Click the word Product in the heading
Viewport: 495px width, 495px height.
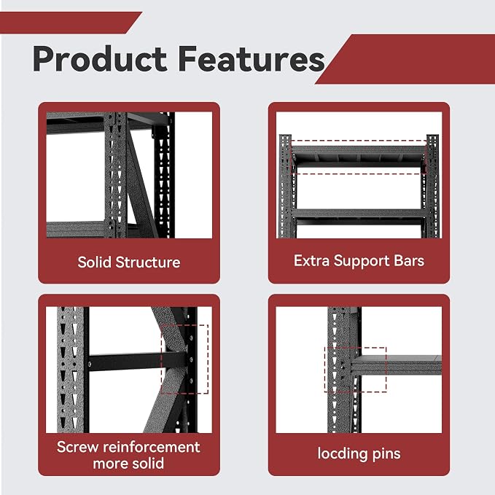click(100, 59)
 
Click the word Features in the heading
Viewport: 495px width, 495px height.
click(252, 59)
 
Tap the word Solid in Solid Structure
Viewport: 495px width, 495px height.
click(94, 262)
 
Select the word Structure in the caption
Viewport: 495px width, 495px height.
click(148, 262)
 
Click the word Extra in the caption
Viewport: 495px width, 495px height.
click(311, 261)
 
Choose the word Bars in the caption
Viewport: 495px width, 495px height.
click(409, 261)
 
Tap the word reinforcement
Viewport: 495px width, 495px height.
click(152, 447)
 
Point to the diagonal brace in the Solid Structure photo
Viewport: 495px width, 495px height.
click(141, 183)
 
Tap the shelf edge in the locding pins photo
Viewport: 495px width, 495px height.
click(396, 365)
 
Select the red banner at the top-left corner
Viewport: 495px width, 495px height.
click(71, 23)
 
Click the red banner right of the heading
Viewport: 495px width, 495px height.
click(405, 59)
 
